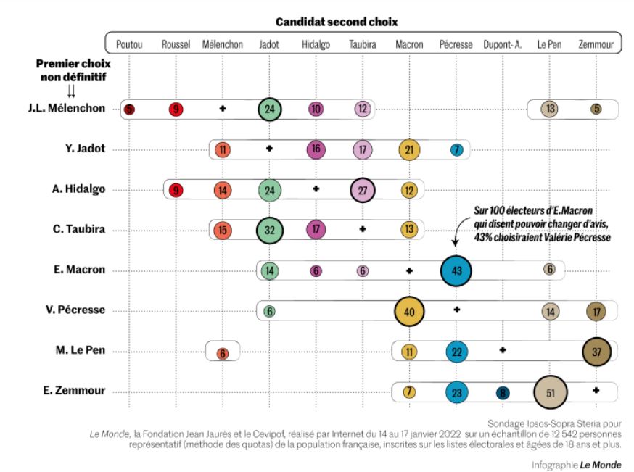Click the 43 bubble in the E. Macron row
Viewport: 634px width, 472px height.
(x=456, y=270)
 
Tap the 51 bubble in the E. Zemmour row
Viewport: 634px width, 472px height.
(x=549, y=392)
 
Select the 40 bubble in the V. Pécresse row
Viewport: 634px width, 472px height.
(x=409, y=311)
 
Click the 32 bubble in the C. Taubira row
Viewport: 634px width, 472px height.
(x=269, y=229)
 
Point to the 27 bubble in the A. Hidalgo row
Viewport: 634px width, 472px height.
(x=363, y=189)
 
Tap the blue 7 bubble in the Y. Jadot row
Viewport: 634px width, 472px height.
(x=456, y=149)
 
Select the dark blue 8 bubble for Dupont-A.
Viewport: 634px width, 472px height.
(x=502, y=392)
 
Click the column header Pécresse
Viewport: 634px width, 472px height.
(x=456, y=44)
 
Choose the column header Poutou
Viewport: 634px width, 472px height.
(x=129, y=44)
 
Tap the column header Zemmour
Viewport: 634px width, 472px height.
(x=596, y=44)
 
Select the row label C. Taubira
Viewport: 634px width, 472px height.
(x=81, y=229)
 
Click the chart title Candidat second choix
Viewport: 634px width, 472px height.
(x=337, y=22)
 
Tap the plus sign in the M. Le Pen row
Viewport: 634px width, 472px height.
(x=503, y=350)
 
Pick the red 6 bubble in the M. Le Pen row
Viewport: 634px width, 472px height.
(x=223, y=353)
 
